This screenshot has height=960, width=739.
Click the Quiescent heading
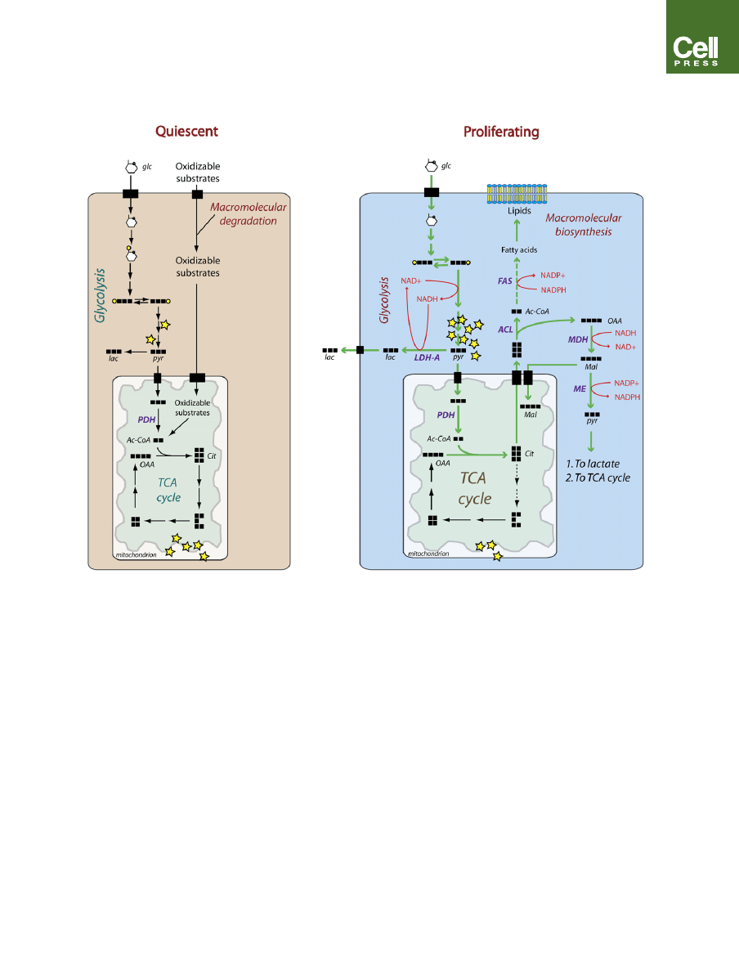coord(187,131)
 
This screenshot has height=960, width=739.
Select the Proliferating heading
coord(501,131)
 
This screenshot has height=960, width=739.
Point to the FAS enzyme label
coord(505,280)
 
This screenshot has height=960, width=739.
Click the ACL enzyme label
coord(506,329)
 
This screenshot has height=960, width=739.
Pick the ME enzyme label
coord(580,389)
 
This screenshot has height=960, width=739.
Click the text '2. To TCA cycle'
coord(598,478)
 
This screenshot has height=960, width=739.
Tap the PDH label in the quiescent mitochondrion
coord(147,419)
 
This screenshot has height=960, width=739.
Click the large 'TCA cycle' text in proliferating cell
coord(475,488)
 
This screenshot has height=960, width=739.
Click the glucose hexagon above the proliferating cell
coord(428,166)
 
